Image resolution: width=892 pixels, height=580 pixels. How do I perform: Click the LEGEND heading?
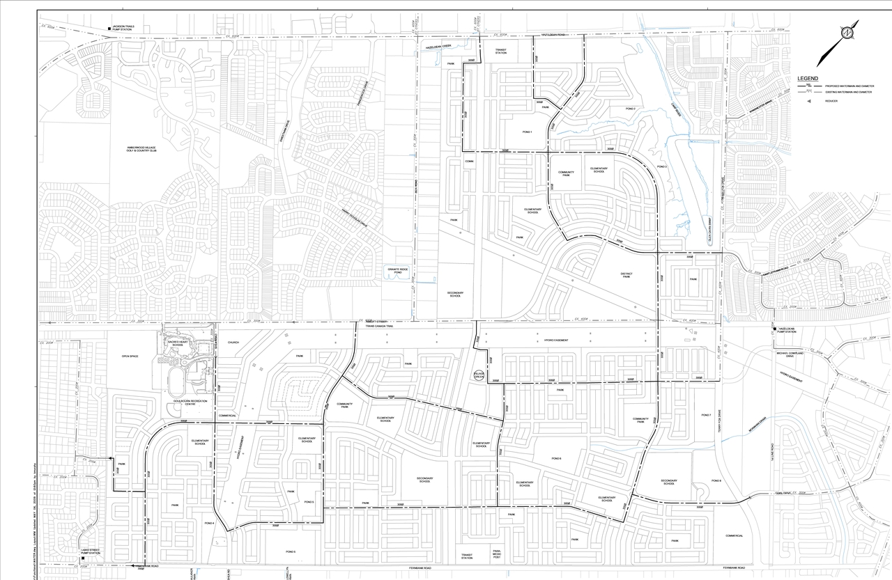(x=808, y=79)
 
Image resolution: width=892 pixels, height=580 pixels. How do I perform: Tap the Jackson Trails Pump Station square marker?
(x=109, y=29)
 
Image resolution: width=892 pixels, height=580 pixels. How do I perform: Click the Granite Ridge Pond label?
(x=395, y=270)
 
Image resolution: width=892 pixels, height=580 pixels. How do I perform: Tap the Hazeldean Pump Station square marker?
(x=774, y=329)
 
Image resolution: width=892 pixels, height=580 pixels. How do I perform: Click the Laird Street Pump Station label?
(x=90, y=551)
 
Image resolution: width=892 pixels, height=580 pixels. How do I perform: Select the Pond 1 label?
(x=527, y=132)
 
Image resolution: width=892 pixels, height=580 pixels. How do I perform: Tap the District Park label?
(x=626, y=275)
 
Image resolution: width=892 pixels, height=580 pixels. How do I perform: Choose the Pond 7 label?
(x=706, y=415)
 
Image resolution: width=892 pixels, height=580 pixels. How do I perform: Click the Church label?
(x=233, y=343)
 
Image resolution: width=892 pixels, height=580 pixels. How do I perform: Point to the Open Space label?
(x=130, y=356)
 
